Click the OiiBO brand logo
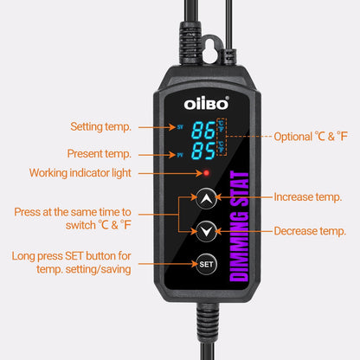tap(206, 102)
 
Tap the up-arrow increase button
tap(205, 196)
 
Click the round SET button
tap(205, 263)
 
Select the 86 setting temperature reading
tap(204, 132)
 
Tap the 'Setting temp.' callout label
tap(100, 126)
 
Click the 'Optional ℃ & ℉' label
tap(311, 136)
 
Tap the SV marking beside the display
tap(180, 126)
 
